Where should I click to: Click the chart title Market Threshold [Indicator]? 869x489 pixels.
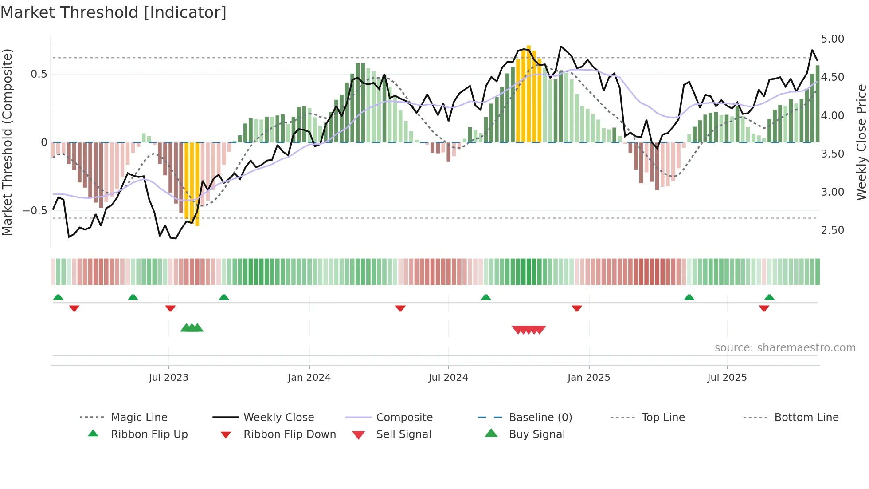(114, 12)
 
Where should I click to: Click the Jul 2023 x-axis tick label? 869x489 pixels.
(168, 378)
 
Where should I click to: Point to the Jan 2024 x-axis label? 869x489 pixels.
(309, 378)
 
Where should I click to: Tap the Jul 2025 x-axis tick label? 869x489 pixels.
(727, 378)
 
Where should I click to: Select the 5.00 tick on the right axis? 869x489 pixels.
(832, 39)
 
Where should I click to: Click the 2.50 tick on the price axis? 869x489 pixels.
(832, 230)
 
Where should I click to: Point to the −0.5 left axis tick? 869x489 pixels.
(35, 211)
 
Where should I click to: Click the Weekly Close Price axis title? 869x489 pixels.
(861, 142)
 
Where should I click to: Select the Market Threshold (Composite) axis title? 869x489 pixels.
(7, 142)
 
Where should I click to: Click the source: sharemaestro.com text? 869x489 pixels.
(785, 348)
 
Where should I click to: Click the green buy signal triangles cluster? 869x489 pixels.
(192, 328)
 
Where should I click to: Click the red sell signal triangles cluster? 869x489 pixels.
(528, 330)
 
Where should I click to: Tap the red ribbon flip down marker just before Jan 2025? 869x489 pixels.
(577, 308)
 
